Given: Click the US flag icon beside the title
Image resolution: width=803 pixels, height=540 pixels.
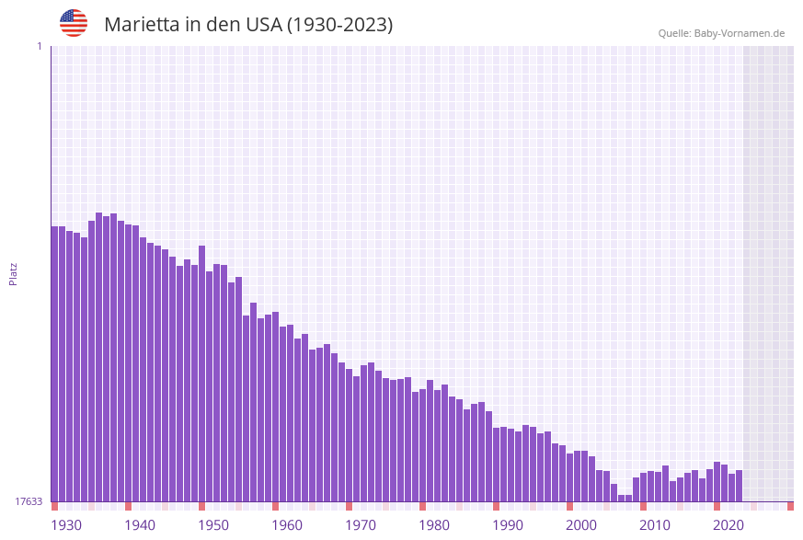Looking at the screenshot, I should (x=74, y=23).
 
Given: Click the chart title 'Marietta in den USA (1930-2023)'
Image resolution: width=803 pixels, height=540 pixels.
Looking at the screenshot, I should (x=248, y=25).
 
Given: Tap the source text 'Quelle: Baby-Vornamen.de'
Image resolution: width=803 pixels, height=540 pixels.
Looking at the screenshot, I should (x=721, y=33).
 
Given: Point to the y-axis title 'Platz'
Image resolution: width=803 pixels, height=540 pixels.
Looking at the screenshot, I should (x=14, y=273).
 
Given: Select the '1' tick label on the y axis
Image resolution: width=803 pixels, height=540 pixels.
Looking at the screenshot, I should (x=39, y=46).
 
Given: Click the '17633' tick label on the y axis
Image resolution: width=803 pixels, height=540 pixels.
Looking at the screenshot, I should (x=29, y=501).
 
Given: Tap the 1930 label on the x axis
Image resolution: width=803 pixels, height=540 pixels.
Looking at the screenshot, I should (x=66, y=525).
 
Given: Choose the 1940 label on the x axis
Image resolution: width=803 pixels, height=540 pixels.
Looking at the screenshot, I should (x=140, y=525).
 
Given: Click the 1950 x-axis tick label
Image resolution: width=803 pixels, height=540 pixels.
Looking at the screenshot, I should (x=213, y=525).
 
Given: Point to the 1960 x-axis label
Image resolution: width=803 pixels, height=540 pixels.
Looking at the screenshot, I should (x=287, y=525).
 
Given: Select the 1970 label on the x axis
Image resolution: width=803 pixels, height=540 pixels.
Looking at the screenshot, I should (x=361, y=525).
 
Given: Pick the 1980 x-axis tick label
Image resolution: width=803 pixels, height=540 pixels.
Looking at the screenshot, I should (x=434, y=525).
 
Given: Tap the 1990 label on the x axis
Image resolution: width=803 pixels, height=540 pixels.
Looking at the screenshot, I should (x=508, y=525).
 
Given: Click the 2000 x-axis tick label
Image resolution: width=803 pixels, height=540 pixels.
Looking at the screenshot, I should (x=581, y=525).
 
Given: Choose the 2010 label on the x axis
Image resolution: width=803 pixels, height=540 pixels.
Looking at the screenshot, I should (x=655, y=525).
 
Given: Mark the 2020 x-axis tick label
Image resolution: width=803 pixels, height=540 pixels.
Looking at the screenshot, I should (x=728, y=525).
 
